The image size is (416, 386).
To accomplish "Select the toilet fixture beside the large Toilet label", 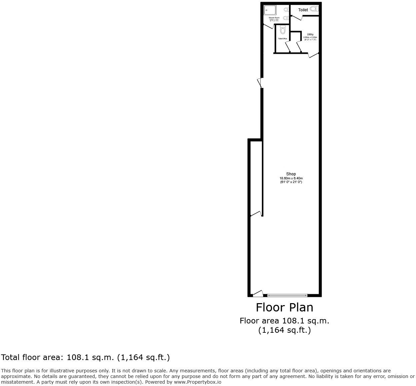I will point(314,9).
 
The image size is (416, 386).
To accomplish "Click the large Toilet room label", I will point(303,10).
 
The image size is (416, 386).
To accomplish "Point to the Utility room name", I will point(310,34).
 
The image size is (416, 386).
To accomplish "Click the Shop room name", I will point(291,174).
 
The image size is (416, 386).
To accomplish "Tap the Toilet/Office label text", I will point(283,39).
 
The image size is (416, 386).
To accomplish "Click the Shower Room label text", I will point(274,18).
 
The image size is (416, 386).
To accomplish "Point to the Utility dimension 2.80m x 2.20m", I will point(310,37).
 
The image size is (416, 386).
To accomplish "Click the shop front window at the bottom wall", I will point(287,295).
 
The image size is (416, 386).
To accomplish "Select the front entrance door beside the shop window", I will point(258,293).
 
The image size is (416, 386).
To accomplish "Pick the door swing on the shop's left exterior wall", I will point(260,83).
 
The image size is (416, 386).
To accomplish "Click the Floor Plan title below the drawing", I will point(284,307).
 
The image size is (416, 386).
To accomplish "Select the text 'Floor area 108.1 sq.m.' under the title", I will point(284,321).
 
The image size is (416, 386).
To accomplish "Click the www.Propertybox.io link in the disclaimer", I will point(197,382).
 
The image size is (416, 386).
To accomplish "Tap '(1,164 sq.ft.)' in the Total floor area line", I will point(144,357).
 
